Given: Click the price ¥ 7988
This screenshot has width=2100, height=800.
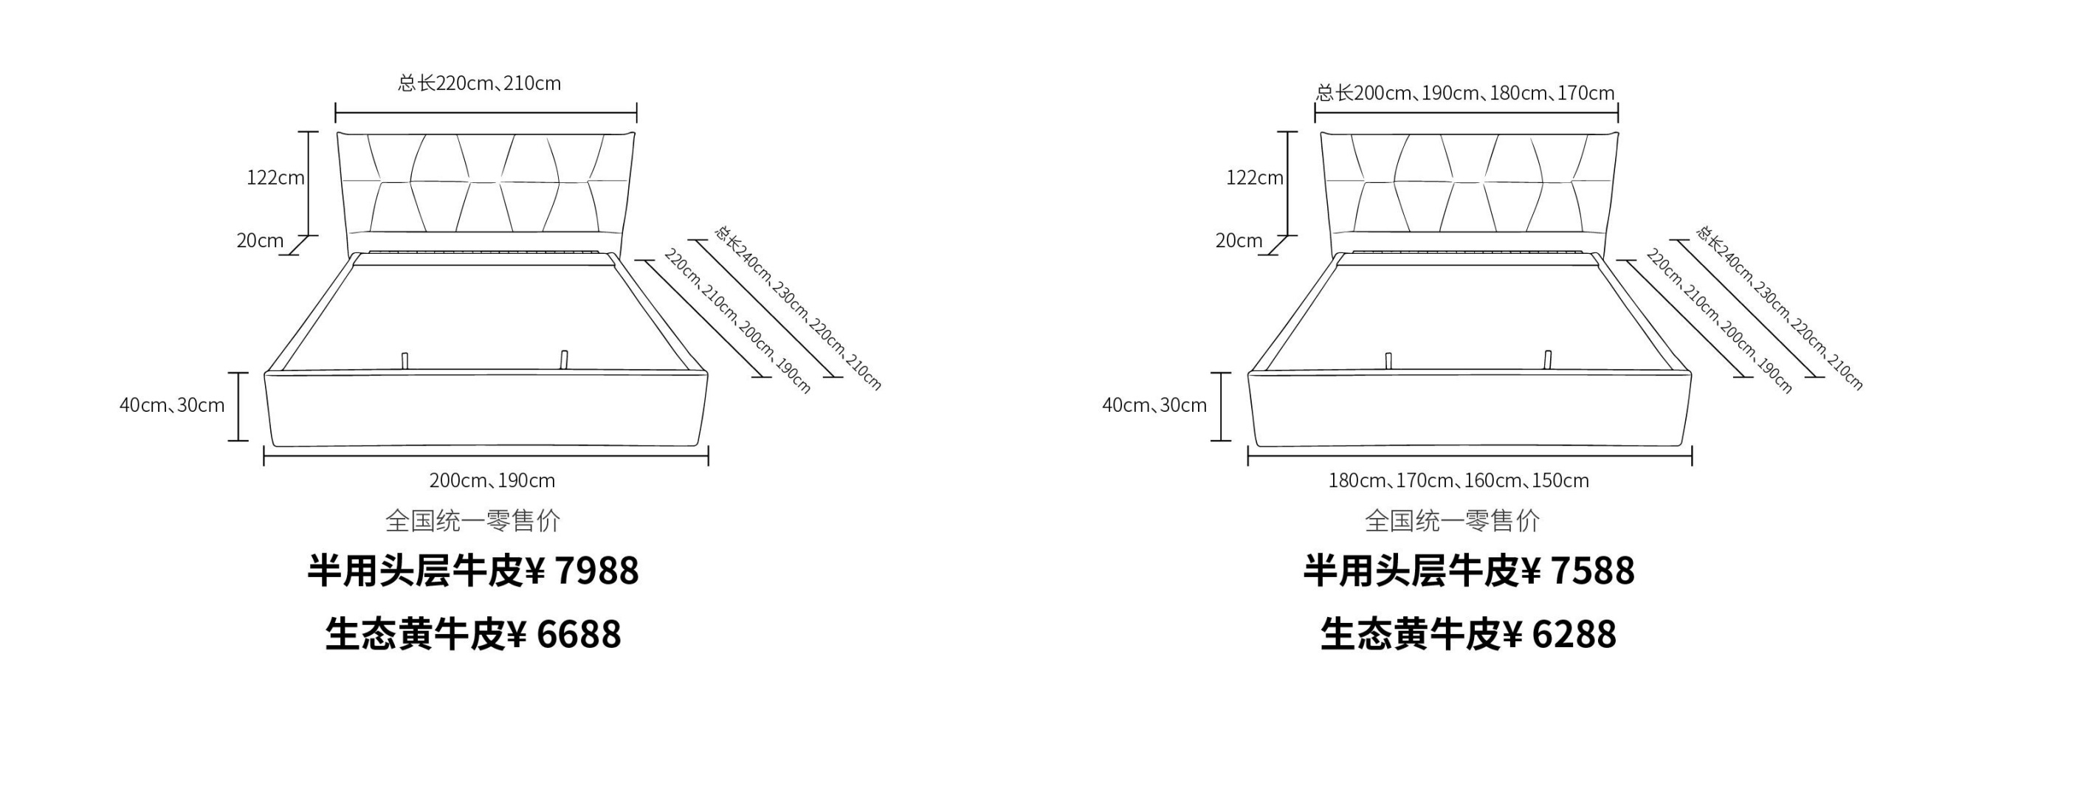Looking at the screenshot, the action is [583, 570].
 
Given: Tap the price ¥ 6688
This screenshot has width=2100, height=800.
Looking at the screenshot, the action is [564, 635].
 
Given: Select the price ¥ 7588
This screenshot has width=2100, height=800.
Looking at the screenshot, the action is [1578, 570].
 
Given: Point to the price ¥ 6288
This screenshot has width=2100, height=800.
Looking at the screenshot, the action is [1560, 635].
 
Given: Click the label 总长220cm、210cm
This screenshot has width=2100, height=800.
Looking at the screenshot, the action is [479, 83].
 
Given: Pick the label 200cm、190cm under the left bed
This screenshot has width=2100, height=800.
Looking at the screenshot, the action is [492, 480].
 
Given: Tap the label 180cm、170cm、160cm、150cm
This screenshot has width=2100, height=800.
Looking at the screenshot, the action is [1459, 480].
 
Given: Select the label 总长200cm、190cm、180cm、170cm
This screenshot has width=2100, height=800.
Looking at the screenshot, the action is [1465, 93].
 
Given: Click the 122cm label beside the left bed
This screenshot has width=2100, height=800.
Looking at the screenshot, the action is [275, 178].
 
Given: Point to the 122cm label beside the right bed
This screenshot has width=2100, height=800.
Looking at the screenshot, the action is [1255, 178].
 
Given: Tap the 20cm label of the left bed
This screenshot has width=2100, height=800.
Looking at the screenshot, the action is [260, 241].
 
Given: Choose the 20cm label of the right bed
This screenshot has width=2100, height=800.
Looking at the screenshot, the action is [1239, 241].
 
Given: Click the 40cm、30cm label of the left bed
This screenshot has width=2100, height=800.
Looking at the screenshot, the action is [172, 405].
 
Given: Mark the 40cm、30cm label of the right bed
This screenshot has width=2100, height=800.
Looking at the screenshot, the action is [1154, 405].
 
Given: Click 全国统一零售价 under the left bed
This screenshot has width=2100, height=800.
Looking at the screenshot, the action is [473, 520].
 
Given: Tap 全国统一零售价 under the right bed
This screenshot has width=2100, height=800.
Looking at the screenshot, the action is [1453, 520].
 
